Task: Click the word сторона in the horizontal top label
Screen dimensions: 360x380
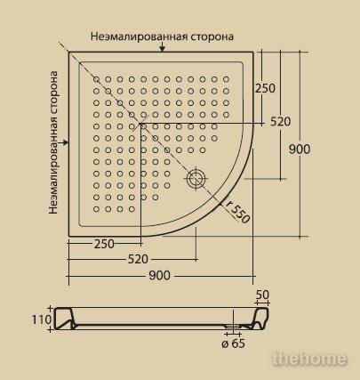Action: point(212,36)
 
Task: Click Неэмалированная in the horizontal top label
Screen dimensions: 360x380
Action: point(139,36)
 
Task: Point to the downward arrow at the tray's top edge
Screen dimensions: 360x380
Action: point(162,47)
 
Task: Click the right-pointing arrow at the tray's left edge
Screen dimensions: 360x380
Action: point(64,142)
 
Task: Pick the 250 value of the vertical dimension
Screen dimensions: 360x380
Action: point(265,88)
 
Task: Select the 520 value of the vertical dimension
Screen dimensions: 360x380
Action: point(280,122)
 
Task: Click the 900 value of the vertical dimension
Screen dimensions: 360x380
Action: point(300,150)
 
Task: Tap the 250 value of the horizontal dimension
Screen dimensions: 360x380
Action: point(104,244)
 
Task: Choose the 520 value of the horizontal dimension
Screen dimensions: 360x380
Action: point(138,259)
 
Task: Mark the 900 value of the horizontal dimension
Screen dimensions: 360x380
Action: point(159,276)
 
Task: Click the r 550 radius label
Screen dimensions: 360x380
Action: point(237,212)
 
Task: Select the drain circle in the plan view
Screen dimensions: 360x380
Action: point(196,179)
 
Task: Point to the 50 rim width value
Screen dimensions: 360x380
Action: point(262,295)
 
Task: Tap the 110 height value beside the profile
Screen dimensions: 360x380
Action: point(42,319)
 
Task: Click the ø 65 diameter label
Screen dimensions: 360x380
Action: point(234,344)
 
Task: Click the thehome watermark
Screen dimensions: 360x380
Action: point(309,359)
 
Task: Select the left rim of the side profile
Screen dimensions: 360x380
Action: point(64,319)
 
